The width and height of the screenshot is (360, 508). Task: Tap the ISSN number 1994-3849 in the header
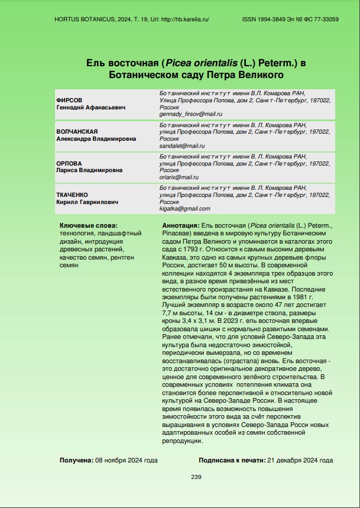pos(275,20)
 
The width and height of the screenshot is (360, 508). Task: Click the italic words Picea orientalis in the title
pos(194,63)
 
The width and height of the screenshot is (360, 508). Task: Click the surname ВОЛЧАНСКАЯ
pos(77,132)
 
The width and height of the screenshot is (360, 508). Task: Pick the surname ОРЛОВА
pos(69,163)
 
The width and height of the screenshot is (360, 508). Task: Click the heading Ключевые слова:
pos(89,226)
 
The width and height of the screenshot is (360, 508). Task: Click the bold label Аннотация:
pos(180,226)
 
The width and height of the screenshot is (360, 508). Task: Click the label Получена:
pos(76,460)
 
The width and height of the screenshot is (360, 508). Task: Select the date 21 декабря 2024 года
pos(300,460)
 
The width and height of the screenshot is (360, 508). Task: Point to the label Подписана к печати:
pos(232,460)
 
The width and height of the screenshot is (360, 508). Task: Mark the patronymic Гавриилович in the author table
pos(97,202)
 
